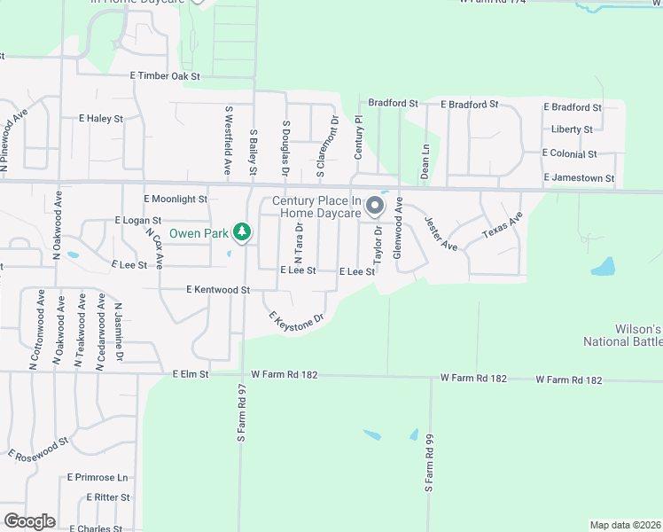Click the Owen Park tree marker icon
241,233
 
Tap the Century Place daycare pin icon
375,207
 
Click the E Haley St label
100,118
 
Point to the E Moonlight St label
175,199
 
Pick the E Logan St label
138,220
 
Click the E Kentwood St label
219,290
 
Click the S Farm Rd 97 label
241,413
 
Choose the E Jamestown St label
577,178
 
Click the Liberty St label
572,129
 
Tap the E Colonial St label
569,153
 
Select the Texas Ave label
503,225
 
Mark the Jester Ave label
440,233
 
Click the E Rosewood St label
39,449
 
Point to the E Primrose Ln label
97,477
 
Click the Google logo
29,521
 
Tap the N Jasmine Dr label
119,332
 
